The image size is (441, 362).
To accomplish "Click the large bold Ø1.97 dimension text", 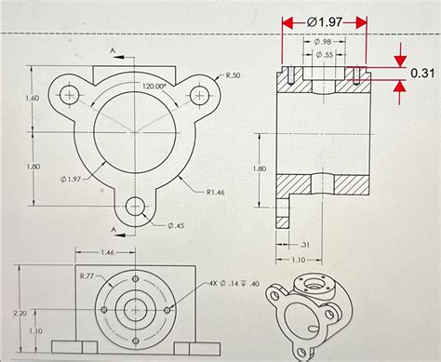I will pos(324,20).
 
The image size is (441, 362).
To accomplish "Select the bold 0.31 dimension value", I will pos(422,74).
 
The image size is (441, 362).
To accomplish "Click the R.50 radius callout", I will pos(232,75).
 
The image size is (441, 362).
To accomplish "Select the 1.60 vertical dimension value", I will pos(33,98).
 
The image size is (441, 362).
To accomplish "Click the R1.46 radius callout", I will pos(218,192).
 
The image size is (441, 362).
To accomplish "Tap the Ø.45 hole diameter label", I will pos(177,225).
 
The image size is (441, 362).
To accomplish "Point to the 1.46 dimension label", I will pos(107,252).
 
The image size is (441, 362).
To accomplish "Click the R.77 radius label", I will pos(87,275).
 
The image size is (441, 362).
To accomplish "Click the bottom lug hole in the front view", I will pos(137,205).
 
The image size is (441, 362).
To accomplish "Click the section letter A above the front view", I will pos(112,46).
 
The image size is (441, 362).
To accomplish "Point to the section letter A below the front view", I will pos(112,229).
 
